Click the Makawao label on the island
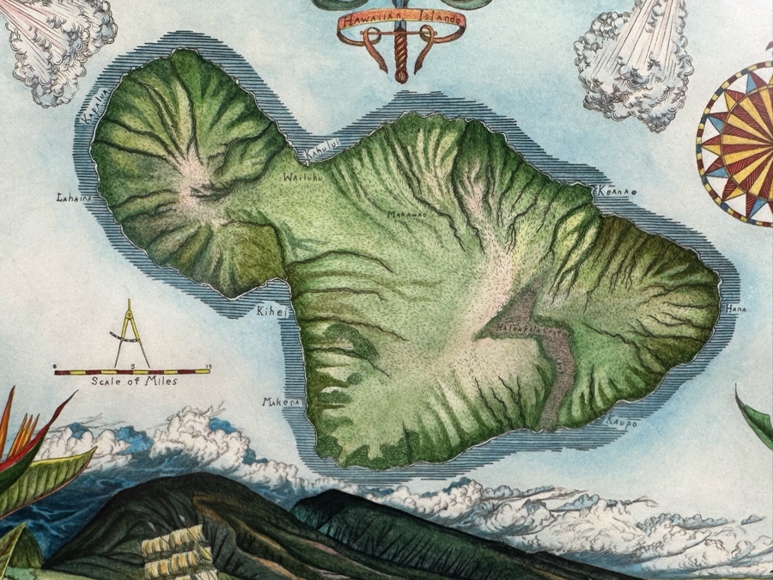tap(405, 214)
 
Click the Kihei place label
tap(269, 312)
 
